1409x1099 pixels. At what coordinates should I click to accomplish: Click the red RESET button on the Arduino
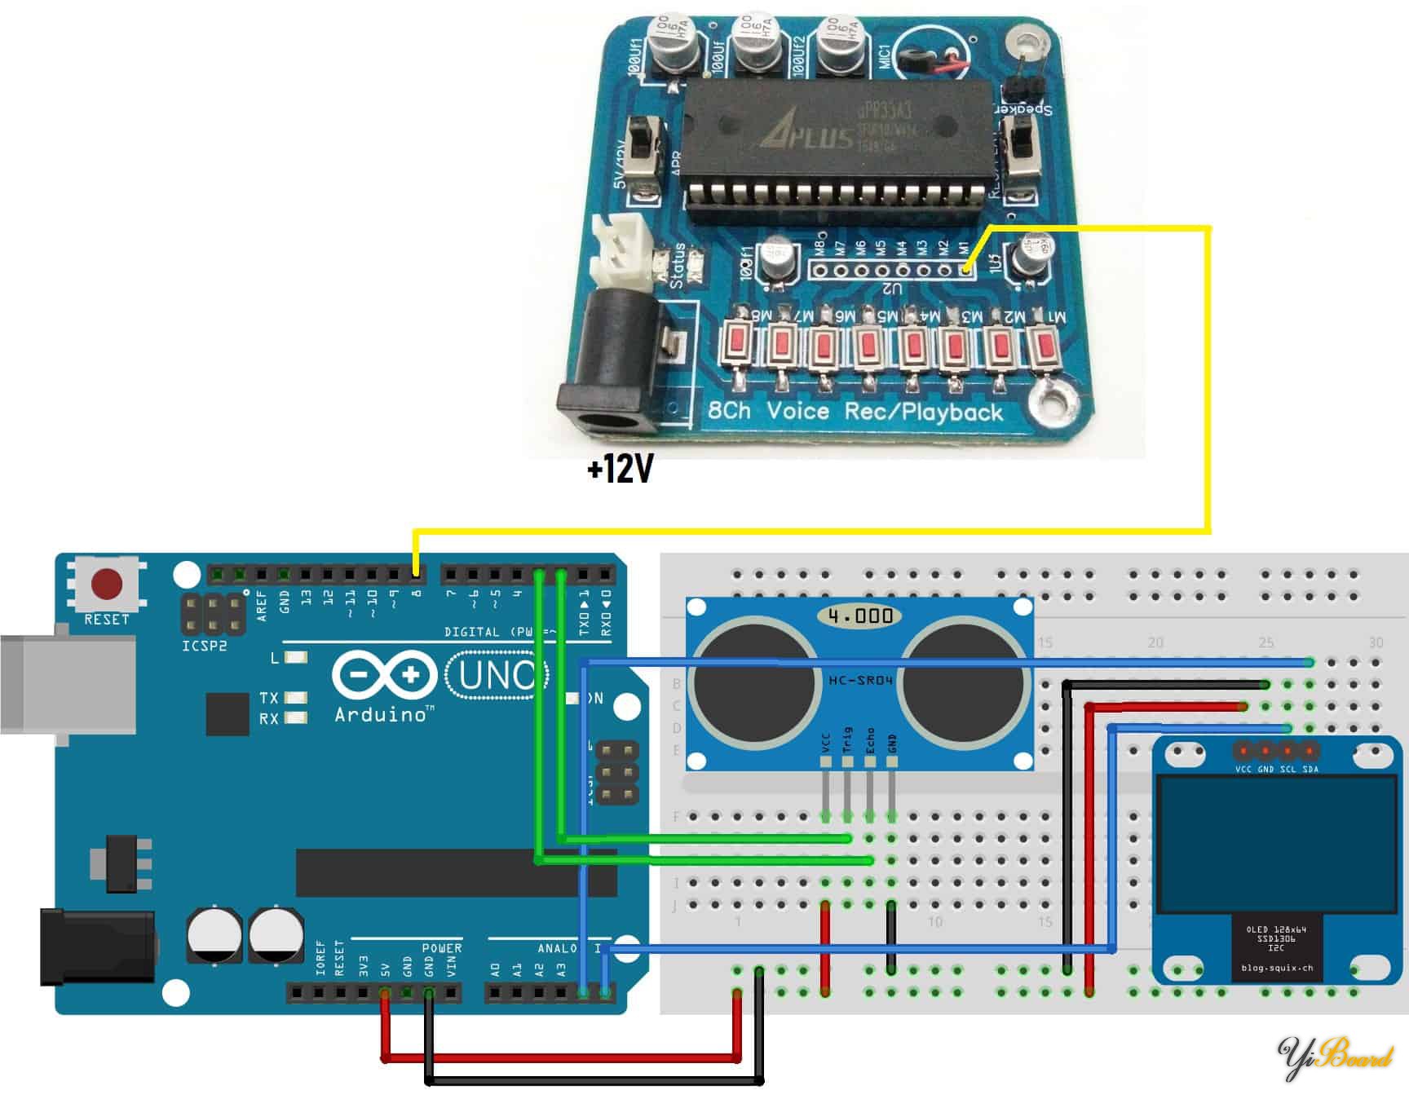click(107, 584)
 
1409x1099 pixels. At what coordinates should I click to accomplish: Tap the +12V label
click(621, 470)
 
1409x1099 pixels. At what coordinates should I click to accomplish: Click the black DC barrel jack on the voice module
click(608, 367)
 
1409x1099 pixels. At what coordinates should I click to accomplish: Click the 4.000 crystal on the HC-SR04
click(859, 616)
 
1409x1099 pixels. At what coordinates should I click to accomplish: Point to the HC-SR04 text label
click(860, 679)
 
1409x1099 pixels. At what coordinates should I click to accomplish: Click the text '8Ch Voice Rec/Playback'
click(855, 412)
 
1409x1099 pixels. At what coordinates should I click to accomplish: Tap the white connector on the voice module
click(624, 249)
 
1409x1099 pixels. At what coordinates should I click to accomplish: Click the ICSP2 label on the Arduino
click(204, 646)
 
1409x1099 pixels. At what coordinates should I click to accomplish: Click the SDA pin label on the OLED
click(1310, 769)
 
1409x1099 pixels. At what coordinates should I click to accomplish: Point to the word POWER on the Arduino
click(441, 948)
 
